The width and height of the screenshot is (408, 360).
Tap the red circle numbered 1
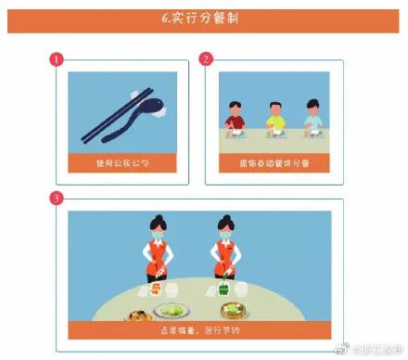56,59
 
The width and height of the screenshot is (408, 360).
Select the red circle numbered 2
206,59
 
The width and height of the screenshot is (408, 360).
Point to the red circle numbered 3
56,198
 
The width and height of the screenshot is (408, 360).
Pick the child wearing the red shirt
235,119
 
